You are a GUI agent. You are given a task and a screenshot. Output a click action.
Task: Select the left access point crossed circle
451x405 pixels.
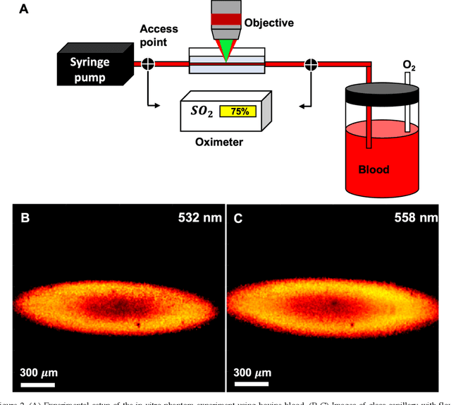click(147, 64)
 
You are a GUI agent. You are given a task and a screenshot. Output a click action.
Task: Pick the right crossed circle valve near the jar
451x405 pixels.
click(309, 65)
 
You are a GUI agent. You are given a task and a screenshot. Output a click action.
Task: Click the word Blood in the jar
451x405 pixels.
click(374, 169)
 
